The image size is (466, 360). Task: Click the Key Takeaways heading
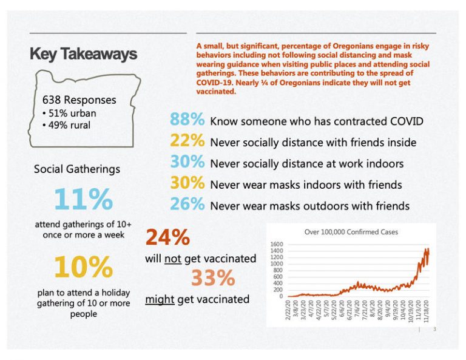83,55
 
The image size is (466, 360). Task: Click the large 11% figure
83,199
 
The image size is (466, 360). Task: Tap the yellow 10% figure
83,267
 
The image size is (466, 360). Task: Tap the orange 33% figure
212,278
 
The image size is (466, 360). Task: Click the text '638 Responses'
79,100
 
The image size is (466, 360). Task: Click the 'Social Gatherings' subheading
76,169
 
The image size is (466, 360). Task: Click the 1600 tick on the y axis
277,244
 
